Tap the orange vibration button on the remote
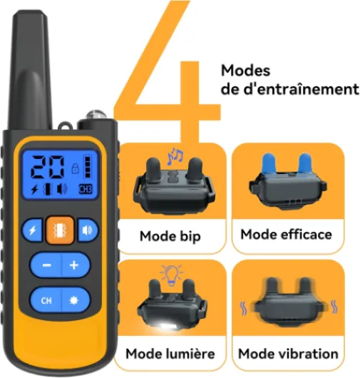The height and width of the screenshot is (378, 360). pos(60,230)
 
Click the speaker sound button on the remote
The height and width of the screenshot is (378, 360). pos(88,230)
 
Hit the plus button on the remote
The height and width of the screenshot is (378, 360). pos(76,265)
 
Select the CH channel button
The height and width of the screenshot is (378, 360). pos(46,300)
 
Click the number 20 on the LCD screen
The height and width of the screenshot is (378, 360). pos(48,168)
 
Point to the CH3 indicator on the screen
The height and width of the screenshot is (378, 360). pos(86,190)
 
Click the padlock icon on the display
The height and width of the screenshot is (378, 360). pos(76,168)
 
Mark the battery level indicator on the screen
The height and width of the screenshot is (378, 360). pos(88,167)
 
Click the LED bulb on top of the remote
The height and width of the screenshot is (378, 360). pos(96,115)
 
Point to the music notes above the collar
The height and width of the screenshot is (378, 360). pos(175,155)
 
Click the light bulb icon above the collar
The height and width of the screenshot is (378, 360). pos(172,275)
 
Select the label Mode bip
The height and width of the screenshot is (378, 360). pos(170,236)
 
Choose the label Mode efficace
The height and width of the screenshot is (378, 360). pos(287,235)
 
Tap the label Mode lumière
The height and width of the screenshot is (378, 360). pos(170,354)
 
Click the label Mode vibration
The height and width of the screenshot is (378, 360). pos(288,354)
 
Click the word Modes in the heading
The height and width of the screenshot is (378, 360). pos(245,71)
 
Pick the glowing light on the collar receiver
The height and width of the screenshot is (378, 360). pos(166,326)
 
